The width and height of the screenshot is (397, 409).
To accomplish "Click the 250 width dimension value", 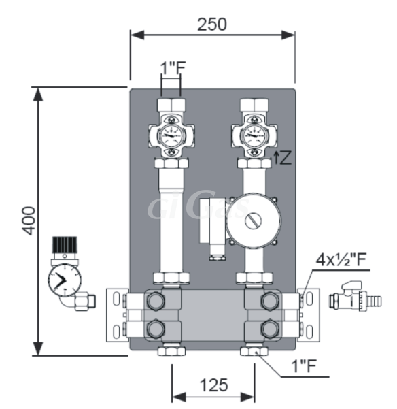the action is tap(212, 24).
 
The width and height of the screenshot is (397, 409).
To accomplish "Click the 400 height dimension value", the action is tap(29, 220).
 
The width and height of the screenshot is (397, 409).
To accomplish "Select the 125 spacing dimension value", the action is tap(213, 385).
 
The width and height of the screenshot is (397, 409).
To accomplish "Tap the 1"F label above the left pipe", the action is tap(173, 67).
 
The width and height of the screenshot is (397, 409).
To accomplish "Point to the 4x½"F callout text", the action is tap(341, 259).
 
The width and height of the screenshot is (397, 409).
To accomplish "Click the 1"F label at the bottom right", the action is tap(303, 365).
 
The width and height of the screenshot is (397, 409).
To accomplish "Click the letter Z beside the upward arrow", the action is tap(286, 158).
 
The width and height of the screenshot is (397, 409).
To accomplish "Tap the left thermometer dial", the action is tap(171, 135).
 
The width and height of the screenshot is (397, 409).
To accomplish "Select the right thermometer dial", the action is tap(254, 135).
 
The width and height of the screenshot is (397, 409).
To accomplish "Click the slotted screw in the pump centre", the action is tap(253, 221).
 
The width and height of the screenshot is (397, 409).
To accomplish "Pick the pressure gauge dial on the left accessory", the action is tap(65, 280).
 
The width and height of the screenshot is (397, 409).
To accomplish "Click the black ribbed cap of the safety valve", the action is tap(65, 245).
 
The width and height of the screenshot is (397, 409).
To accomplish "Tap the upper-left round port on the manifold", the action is tap(156, 301).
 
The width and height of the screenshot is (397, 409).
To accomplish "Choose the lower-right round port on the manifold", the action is tap(270, 329).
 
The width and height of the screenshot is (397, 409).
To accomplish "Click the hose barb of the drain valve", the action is tap(374, 301).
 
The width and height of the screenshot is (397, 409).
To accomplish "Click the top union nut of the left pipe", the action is tap(171, 105).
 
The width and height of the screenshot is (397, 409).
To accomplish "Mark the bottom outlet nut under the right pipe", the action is tap(254, 351).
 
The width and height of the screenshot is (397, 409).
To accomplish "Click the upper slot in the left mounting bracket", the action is tap(116, 299).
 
